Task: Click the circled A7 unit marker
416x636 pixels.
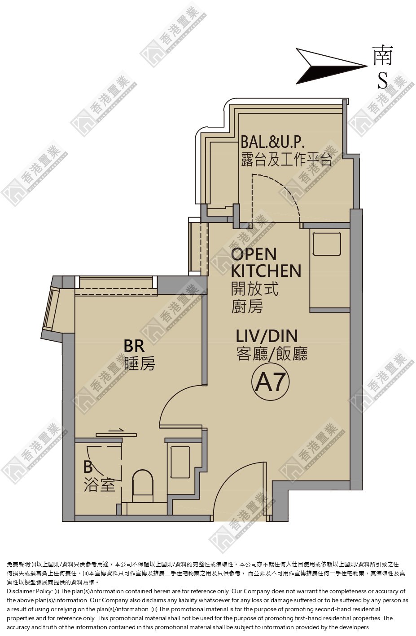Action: [x=270, y=382]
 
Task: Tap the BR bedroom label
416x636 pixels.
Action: [x=134, y=346]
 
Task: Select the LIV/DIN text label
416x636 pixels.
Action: [x=267, y=336]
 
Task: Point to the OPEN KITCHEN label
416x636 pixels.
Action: [x=266, y=262]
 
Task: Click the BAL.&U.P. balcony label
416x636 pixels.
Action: [x=272, y=142]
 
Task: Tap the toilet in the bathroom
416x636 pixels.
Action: [x=143, y=485]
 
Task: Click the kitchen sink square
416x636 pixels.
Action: [x=327, y=244]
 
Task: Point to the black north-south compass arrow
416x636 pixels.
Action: [x=332, y=67]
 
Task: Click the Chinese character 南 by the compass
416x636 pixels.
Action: [x=383, y=55]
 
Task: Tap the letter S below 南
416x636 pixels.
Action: [x=382, y=80]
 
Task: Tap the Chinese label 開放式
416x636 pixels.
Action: [x=254, y=289]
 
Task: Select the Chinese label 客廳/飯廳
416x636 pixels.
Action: [x=271, y=354]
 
